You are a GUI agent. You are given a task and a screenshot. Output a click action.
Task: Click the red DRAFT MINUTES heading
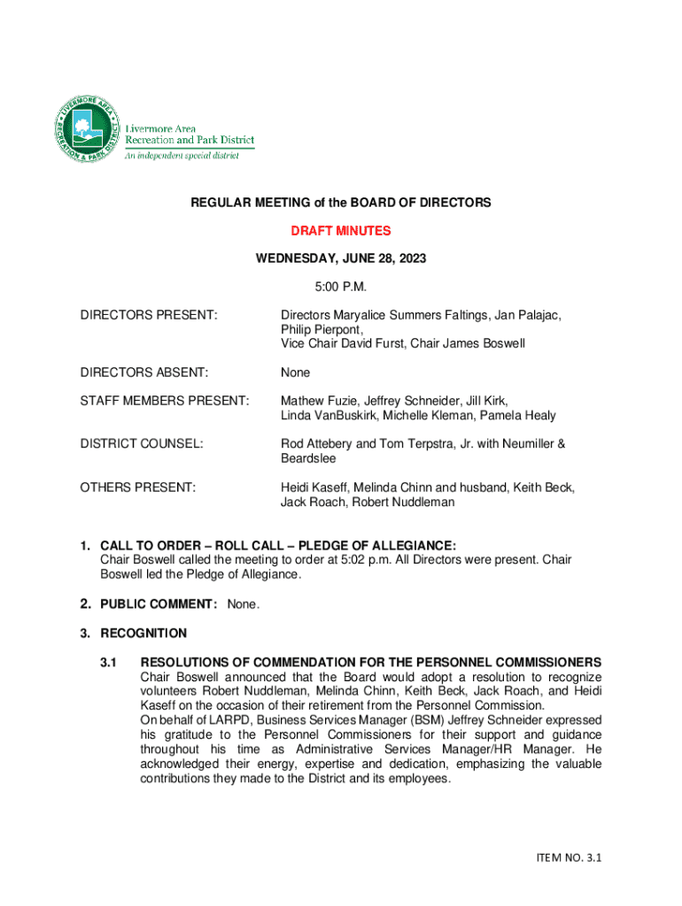341,231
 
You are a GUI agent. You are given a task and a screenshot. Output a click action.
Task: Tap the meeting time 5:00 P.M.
341,287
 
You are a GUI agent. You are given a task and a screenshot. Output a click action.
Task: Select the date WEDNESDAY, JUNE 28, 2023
341,258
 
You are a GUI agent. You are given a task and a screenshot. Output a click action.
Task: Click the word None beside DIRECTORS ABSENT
296,372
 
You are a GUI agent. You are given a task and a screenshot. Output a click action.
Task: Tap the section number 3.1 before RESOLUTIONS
110,663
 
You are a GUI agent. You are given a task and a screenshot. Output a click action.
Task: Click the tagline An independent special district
181,156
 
